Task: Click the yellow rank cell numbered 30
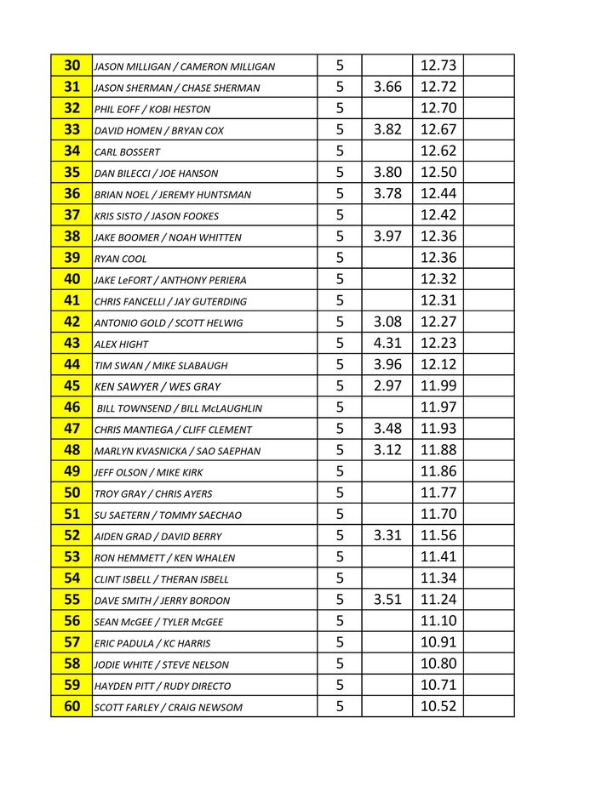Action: coord(72,66)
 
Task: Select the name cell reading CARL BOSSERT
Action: coord(127,152)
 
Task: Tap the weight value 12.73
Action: coord(438,66)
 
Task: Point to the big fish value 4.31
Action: coord(387,343)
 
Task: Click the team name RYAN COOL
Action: coord(120,259)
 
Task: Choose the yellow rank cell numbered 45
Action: coord(72,386)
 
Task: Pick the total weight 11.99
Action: coord(438,386)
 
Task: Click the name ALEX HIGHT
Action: coord(121,345)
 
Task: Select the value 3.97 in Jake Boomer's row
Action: coord(387,236)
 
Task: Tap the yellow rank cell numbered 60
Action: coord(72,706)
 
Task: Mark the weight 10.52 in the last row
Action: coord(438,706)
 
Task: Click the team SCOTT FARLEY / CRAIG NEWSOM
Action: coord(169,708)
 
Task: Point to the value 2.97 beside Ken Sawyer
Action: coord(387,386)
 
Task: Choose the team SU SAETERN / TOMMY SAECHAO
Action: coord(168,516)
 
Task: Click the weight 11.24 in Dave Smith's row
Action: coord(438,600)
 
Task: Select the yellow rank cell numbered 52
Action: coord(72,535)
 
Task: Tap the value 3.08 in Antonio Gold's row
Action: coord(387,322)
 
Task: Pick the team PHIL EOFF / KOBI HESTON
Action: coord(152,110)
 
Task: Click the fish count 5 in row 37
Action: coord(340,215)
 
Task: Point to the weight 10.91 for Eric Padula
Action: coord(438,642)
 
